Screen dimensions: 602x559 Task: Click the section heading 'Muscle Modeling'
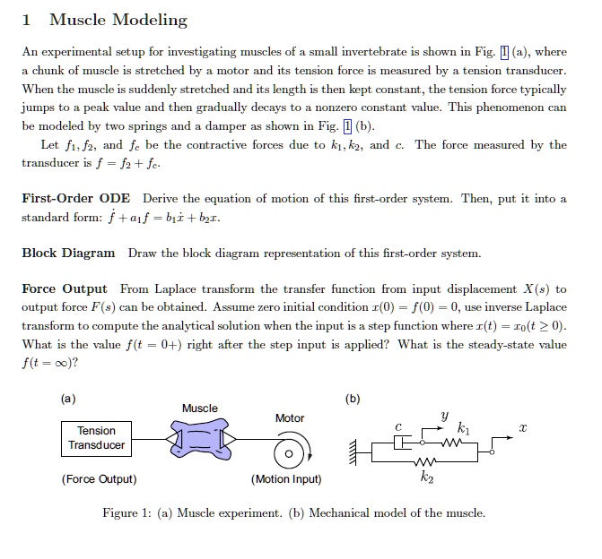tap(118, 20)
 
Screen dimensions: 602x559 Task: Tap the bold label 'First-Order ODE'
tap(76, 199)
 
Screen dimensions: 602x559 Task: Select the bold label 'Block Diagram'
tap(68, 254)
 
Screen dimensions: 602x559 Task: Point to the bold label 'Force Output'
tap(65, 288)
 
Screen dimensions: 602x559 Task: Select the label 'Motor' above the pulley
tap(290, 418)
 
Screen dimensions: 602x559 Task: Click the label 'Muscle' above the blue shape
tap(199, 408)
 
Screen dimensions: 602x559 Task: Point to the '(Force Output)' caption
tap(99, 479)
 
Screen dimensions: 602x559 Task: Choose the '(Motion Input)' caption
tap(287, 479)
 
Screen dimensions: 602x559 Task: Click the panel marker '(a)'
tap(69, 398)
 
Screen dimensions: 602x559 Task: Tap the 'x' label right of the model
tap(519, 431)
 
